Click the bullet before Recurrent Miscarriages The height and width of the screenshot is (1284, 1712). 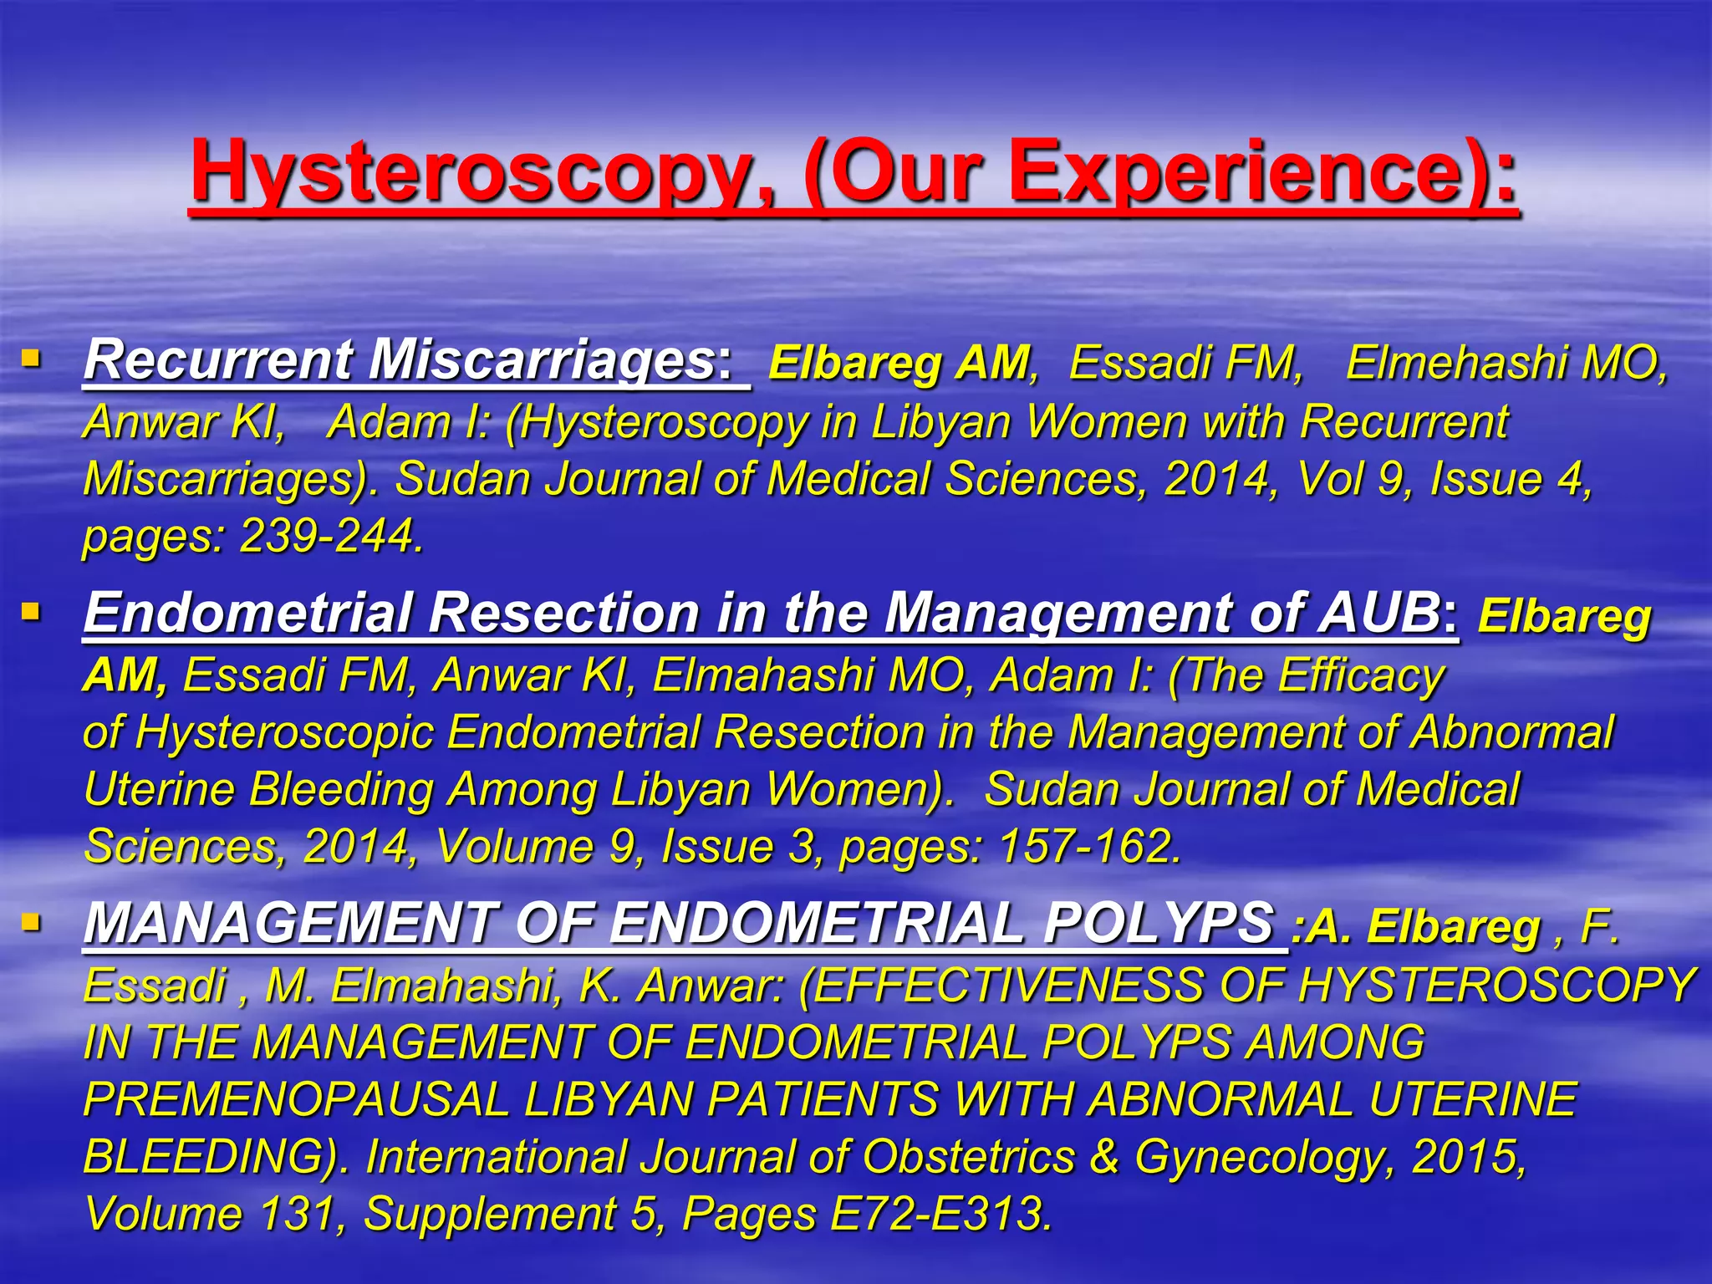pyautogui.click(x=31, y=359)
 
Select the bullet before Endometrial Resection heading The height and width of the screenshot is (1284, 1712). pyautogui.click(x=31, y=613)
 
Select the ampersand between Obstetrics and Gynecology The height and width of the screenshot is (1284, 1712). pyautogui.click(x=1104, y=1156)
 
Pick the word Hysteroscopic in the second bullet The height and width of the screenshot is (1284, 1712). pyautogui.click(x=284, y=732)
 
